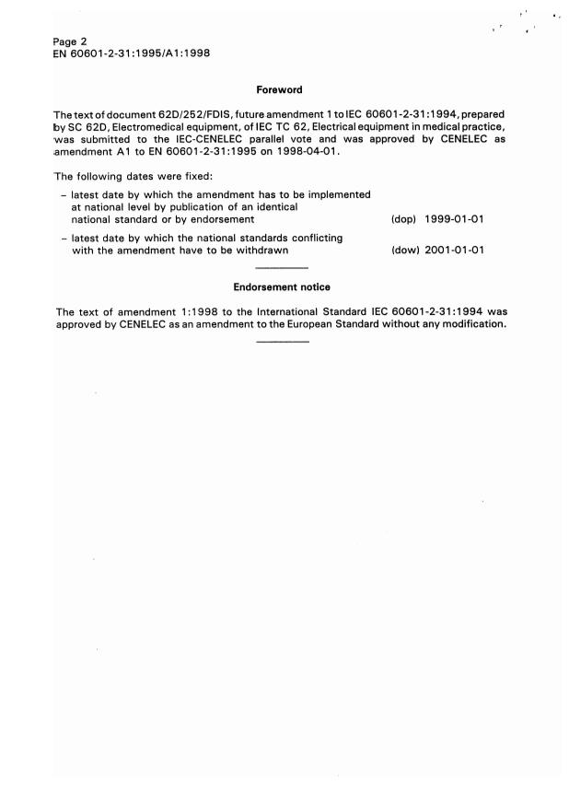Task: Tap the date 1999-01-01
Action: pos(455,219)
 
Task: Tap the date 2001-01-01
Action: pos(455,251)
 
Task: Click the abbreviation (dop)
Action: pos(405,219)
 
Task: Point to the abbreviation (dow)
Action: pos(405,251)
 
